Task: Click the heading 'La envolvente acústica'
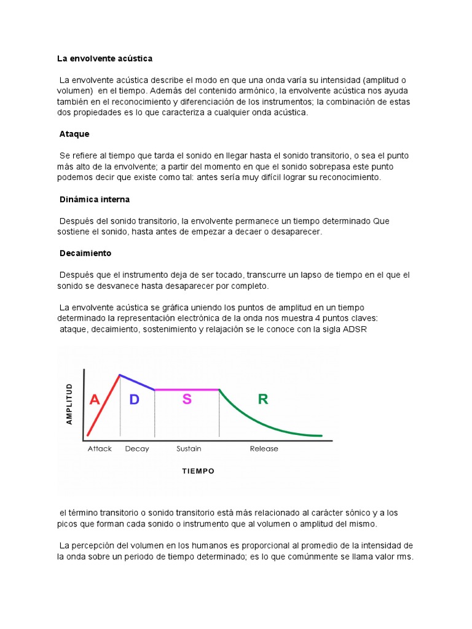tap(104, 58)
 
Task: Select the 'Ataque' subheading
tap(74, 133)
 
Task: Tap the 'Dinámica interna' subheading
tap(95, 200)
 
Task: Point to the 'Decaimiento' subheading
tap(85, 253)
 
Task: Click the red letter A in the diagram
tap(95, 400)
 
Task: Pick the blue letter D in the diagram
tap(135, 400)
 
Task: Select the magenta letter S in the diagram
tap(187, 399)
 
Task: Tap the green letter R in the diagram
tap(263, 400)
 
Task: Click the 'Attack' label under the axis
tap(100, 449)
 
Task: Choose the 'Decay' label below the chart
tap(137, 449)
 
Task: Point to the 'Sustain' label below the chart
tap(189, 449)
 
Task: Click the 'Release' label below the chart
tap(264, 449)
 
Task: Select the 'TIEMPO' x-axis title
tap(198, 471)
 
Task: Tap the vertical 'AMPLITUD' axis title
tap(69, 404)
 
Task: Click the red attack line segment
tap(103, 405)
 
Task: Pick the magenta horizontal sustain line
tap(187, 389)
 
